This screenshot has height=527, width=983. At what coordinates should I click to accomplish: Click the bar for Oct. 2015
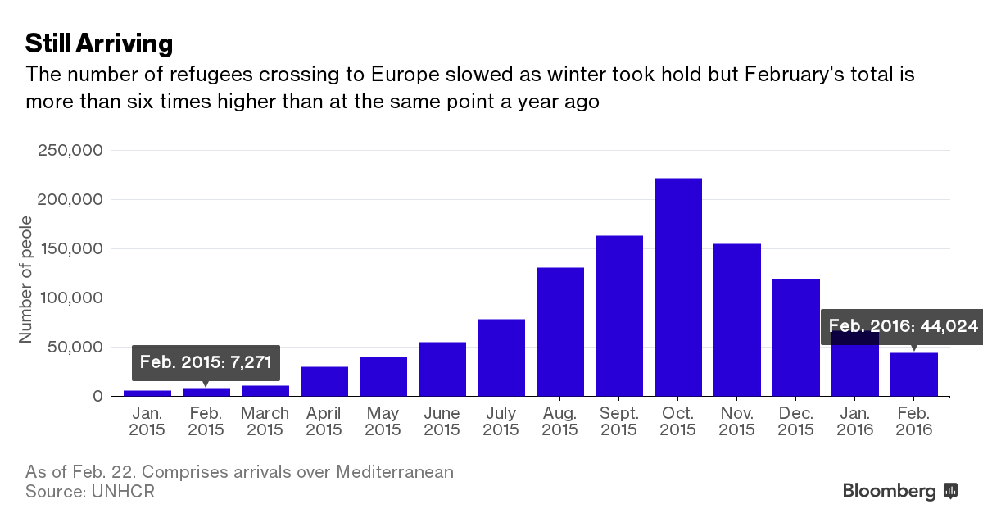click(x=678, y=287)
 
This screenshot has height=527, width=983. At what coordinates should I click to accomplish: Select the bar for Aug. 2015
click(x=560, y=332)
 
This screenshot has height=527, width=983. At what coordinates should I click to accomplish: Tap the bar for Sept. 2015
click(x=619, y=316)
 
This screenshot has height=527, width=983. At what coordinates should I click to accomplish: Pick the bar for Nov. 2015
click(x=737, y=320)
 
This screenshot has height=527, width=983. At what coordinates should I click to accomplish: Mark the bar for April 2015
click(x=324, y=382)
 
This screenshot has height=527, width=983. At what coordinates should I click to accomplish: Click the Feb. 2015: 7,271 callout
click(x=206, y=361)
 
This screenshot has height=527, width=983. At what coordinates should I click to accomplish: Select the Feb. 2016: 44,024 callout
click(x=903, y=326)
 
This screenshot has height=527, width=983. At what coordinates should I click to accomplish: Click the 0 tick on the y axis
click(x=97, y=397)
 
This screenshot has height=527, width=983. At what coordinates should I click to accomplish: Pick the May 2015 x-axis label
click(x=383, y=421)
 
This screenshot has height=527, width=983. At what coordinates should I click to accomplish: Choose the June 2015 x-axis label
click(x=442, y=421)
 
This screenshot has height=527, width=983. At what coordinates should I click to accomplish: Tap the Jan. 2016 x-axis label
click(x=855, y=421)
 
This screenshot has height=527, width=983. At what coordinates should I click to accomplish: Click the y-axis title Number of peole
click(x=25, y=279)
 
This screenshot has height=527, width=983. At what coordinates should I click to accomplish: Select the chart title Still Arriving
click(x=98, y=43)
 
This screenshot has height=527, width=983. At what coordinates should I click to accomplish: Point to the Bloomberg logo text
click(x=890, y=492)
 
